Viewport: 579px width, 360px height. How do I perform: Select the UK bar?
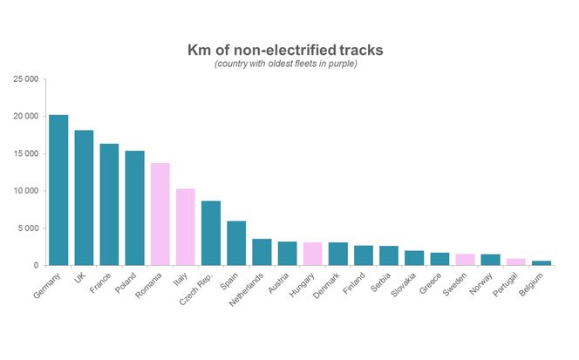[x=84, y=198]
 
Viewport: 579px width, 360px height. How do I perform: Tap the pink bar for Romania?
[x=160, y=214]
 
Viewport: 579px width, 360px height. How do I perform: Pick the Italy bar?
[x=186, y=227]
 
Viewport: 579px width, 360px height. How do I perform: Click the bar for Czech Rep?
[x=211, y=233]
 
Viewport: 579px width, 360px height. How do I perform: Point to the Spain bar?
[x=236, y=243]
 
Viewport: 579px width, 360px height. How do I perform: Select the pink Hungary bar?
[x=312, y=254]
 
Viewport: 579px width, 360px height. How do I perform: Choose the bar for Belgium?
[x=542, y=262]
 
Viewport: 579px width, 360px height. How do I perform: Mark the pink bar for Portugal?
[x=516, y=262]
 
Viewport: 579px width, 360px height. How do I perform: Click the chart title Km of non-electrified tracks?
[x=285, y=50]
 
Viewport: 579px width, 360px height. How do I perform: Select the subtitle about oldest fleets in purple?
[x=285, y=65]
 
